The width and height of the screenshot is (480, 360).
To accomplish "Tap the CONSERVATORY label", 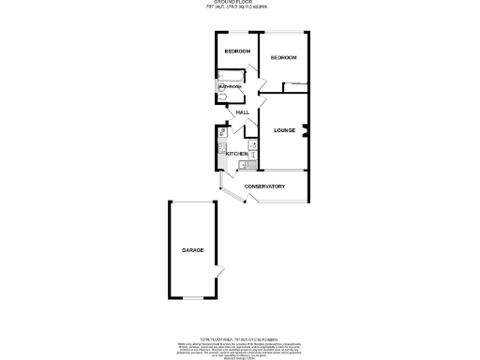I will [x=264, y=187].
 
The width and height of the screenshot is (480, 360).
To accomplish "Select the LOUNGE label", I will [x=285, y=130].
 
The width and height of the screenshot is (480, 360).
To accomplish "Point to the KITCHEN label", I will [x=236, y=153].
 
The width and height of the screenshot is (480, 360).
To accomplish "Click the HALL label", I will [x=242, y=112].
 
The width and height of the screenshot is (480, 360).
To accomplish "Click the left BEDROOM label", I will [x=236, y=51].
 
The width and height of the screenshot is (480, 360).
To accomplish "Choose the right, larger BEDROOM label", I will [x=283, y=58].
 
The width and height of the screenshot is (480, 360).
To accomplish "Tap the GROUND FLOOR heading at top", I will [x=240, y=4].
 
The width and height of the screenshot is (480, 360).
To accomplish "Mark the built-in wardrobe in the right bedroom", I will [x=294, y=87].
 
